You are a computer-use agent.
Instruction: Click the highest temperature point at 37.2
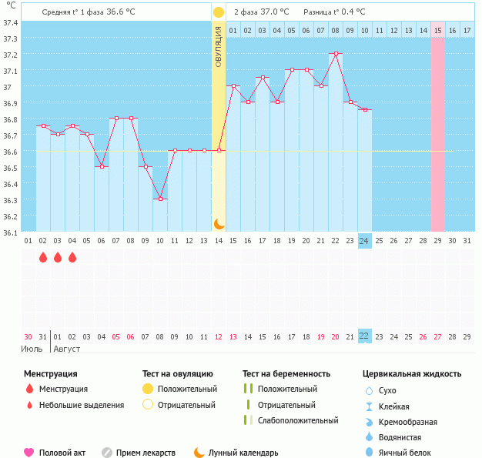coord(336,54)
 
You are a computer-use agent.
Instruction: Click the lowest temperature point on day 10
coord(160,199)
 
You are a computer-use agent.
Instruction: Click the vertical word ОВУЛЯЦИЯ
coord(219,46)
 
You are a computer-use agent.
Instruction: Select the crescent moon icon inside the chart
coord(219,223)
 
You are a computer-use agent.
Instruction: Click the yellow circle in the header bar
coord(219,12)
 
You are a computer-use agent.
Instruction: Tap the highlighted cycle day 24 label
coord(365,241)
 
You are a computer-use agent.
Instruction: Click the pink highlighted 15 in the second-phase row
coord(437,30)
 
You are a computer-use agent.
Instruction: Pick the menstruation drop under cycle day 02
coord(43,257)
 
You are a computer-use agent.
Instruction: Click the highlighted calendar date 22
coord(365,336)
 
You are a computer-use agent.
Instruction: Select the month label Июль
coord(32,349)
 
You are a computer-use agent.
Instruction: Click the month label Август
coord(66,349)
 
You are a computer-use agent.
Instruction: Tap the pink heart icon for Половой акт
coord(29,453)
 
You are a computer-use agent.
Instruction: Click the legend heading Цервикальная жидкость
coord(412,374)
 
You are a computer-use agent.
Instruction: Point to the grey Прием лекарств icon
coord(107,453)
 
